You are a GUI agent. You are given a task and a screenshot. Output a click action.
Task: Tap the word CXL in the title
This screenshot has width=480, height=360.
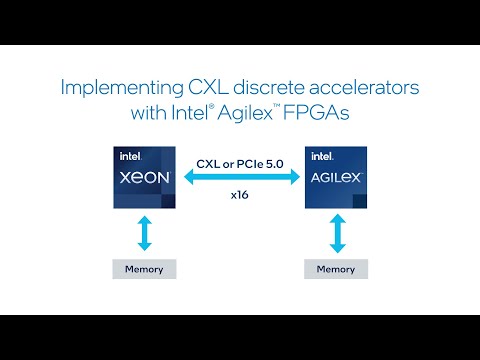click(x=201, y=87)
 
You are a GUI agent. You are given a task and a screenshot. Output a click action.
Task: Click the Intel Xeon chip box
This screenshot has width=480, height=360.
click(x=145, y=178)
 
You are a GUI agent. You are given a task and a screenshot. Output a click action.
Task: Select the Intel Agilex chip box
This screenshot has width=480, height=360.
click(x=335, y=178)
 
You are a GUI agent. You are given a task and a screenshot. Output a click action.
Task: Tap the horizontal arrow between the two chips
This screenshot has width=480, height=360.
click(x=240, y=177)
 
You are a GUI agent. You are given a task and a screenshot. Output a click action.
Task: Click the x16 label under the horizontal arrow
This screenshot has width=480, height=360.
click(x=240, y=195)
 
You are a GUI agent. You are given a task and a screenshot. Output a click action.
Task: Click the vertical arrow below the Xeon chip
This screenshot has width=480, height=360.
click(x=146, y=232)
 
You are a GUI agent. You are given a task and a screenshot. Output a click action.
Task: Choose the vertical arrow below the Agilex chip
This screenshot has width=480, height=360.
click(x=335, y=232)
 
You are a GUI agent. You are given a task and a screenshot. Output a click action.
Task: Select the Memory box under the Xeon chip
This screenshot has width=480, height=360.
click(x=145, y=269)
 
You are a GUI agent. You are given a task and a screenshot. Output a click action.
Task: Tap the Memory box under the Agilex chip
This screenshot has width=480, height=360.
click(x=335, y=269)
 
